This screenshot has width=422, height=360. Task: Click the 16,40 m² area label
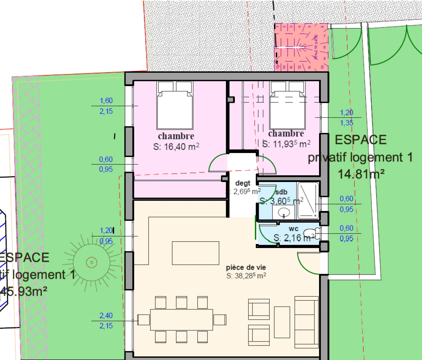tap(176, 147)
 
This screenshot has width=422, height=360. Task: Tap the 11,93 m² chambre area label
tap(286, 144)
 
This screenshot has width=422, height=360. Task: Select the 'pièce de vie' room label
tap(246, 267)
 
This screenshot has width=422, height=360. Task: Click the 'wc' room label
tap(293, 229)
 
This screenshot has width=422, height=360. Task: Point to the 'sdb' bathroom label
tap(281, 192)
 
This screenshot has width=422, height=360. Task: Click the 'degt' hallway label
tap(242, 183)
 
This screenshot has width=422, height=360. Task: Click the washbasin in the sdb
tap(284, 212)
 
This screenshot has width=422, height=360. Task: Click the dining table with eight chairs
tap(181, 320)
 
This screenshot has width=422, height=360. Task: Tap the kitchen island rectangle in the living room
tap(196, 253)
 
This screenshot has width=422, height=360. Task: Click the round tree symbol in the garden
tap(91, 263)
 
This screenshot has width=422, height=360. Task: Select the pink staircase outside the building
tap(301, 47)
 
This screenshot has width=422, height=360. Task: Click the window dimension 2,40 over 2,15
tap(106, 320)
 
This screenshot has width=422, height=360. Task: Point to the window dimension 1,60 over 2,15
tap(106, 106)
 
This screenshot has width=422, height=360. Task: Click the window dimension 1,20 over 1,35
tap(346, 118)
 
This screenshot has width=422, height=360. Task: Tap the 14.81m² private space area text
tap(361, 174)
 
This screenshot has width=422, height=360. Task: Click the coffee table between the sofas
tap(282, 322)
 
